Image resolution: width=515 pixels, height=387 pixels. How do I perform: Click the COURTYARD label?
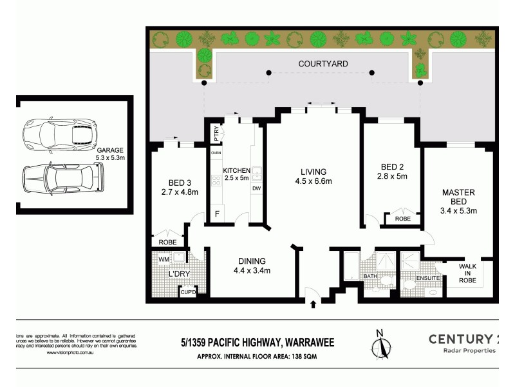[323, 64]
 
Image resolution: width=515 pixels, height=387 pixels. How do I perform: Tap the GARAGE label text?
[111, 150]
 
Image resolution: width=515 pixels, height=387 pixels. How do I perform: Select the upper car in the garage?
[59, 135]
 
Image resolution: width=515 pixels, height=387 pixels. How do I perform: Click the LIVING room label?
[314, 172]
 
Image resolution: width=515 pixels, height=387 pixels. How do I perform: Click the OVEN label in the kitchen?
[216, 153]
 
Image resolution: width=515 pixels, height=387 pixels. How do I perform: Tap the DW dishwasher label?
[256, 188]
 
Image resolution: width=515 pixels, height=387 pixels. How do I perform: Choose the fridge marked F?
[217, 214]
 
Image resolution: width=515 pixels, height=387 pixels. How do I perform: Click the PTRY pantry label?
[216, 134]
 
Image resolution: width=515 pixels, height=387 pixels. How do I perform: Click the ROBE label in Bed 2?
[403, 219]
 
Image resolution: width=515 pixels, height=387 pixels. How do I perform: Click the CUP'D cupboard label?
[188, 292]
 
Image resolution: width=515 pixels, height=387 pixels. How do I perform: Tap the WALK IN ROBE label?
[468, 272]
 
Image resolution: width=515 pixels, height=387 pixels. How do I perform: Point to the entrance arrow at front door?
[313, 303]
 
